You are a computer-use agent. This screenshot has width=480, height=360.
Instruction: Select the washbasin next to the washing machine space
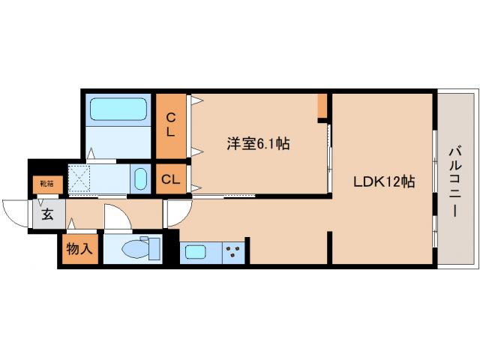(x=140, y=179)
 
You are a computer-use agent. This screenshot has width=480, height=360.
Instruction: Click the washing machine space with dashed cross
(x=80, y=178)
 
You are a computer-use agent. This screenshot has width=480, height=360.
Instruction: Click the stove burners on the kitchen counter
(x=233, y=252)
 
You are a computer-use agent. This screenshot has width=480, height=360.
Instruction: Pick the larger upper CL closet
(x=172, y=125)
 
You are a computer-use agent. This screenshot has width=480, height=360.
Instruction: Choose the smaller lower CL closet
(x=172, y=180)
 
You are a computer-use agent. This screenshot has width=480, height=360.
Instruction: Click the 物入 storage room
(x=79, y=249)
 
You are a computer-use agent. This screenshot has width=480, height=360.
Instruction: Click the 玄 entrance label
(x=46, y=215)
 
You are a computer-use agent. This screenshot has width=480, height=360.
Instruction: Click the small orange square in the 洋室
(x=322, y=106)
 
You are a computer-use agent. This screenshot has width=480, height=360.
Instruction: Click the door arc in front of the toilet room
(x=115, y=219)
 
